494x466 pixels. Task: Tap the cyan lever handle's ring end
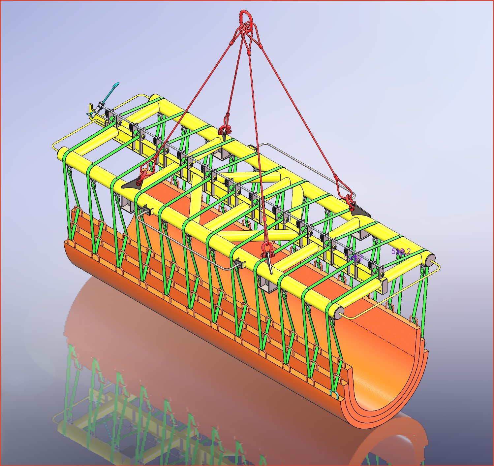point(116,85)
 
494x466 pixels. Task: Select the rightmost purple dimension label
point(401,251)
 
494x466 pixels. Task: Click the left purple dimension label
point(354,257)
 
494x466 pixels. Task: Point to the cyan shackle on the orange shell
point(333,392)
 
